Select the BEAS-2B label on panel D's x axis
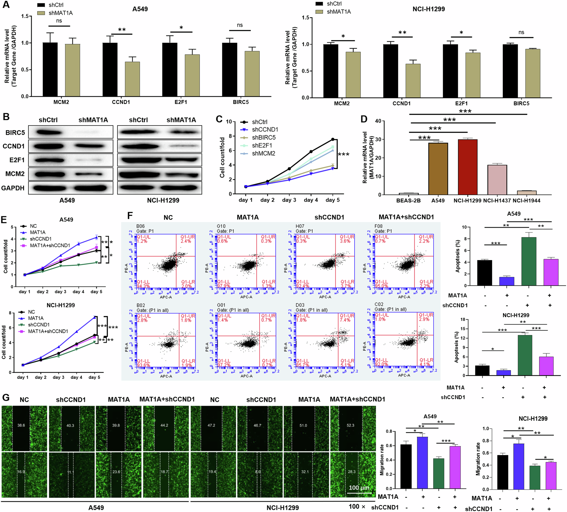coord(408,201)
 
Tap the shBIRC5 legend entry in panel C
coord(263,137)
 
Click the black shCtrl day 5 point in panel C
coord(333,139)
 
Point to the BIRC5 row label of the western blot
coord(15,133)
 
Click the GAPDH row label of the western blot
coord(13,188)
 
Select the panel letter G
coord(6,398)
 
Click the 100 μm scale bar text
coord(359,488)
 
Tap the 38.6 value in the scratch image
coord(21,425)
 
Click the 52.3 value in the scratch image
coord(350,425)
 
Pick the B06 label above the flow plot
coord(140,226)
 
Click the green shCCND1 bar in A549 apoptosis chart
coord(529,262)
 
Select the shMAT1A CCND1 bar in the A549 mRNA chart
coord(132,79)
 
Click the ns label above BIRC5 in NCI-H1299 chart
coord(521,32)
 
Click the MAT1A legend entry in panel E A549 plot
coord(38,232)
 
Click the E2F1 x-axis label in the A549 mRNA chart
coord(181,102)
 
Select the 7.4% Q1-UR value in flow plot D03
coord(345,320)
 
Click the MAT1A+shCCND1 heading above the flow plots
coord(406,217)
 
